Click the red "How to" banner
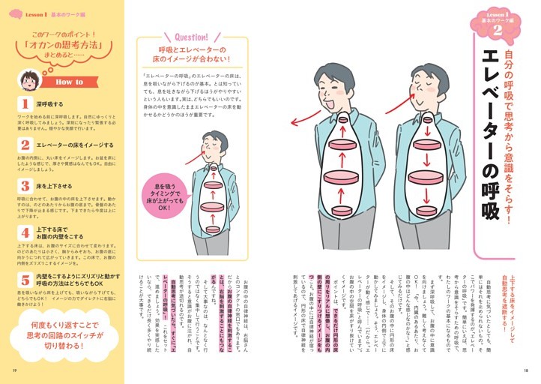point(71,82)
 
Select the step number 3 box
point(25,184)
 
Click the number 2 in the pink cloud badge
point(497,29)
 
